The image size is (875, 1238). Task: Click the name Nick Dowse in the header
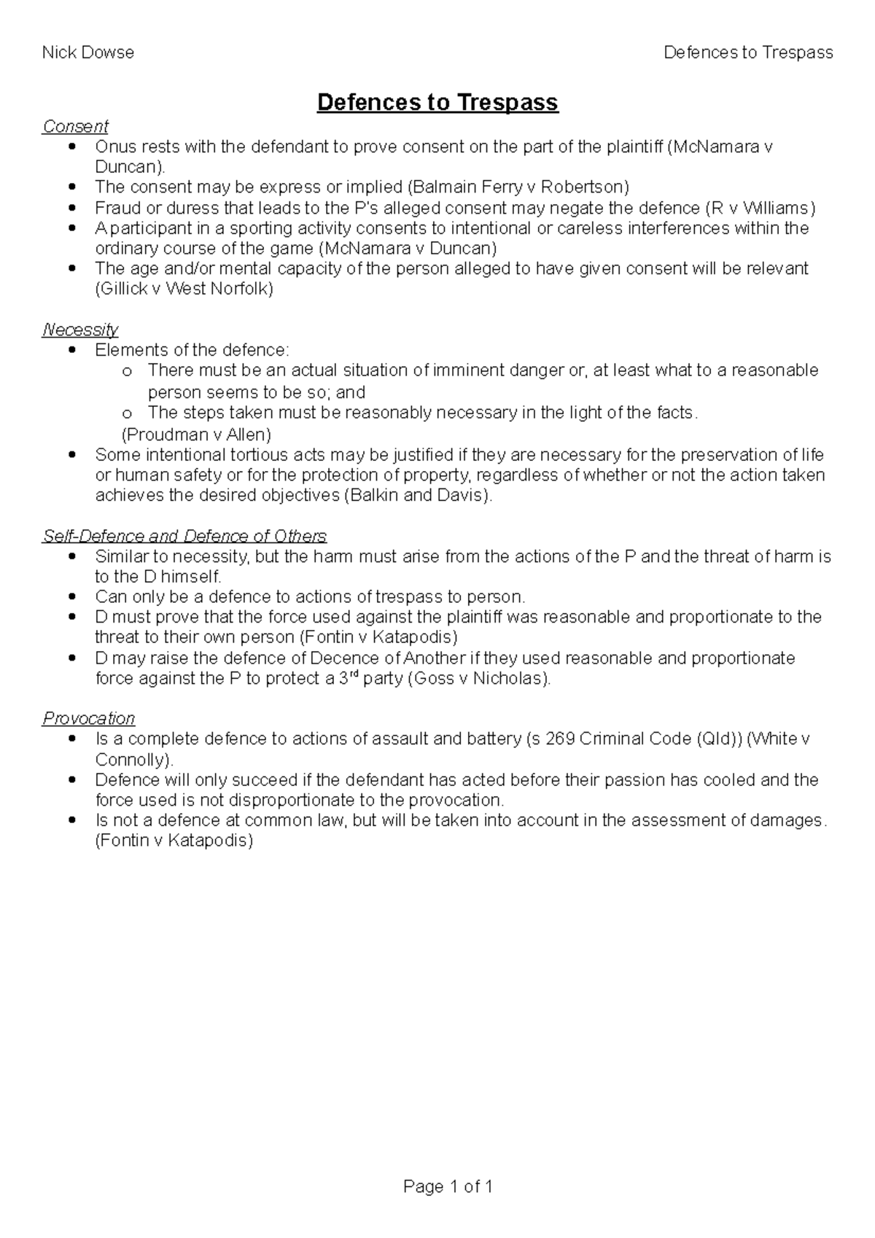click(87, 52)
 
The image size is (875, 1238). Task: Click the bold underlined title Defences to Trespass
click(437, 102)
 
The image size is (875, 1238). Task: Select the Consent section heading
click(75, 126)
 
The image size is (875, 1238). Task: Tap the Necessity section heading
click(80, 330)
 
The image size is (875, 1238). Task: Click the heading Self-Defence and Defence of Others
click(184, 536)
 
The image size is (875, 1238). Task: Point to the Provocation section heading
click(88, 718)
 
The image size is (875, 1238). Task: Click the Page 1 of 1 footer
click(448, 1187)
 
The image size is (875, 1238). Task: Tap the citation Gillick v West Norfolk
click(184, 289)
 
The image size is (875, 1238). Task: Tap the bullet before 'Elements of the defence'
click(71, 350)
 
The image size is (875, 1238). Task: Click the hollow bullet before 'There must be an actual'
click(127, 372)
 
